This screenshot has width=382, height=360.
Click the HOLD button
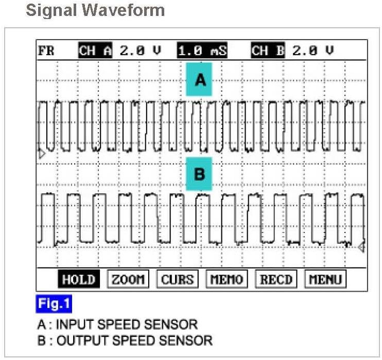point(79,280)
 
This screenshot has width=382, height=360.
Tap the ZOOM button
point(127,280)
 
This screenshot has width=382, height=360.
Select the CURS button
point(177,280)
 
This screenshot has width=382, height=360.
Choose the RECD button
point(276,280)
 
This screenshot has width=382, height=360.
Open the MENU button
point(325,280)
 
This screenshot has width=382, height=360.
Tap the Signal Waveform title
point(95,10)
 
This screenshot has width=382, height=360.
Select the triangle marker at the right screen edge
point(361,248)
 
